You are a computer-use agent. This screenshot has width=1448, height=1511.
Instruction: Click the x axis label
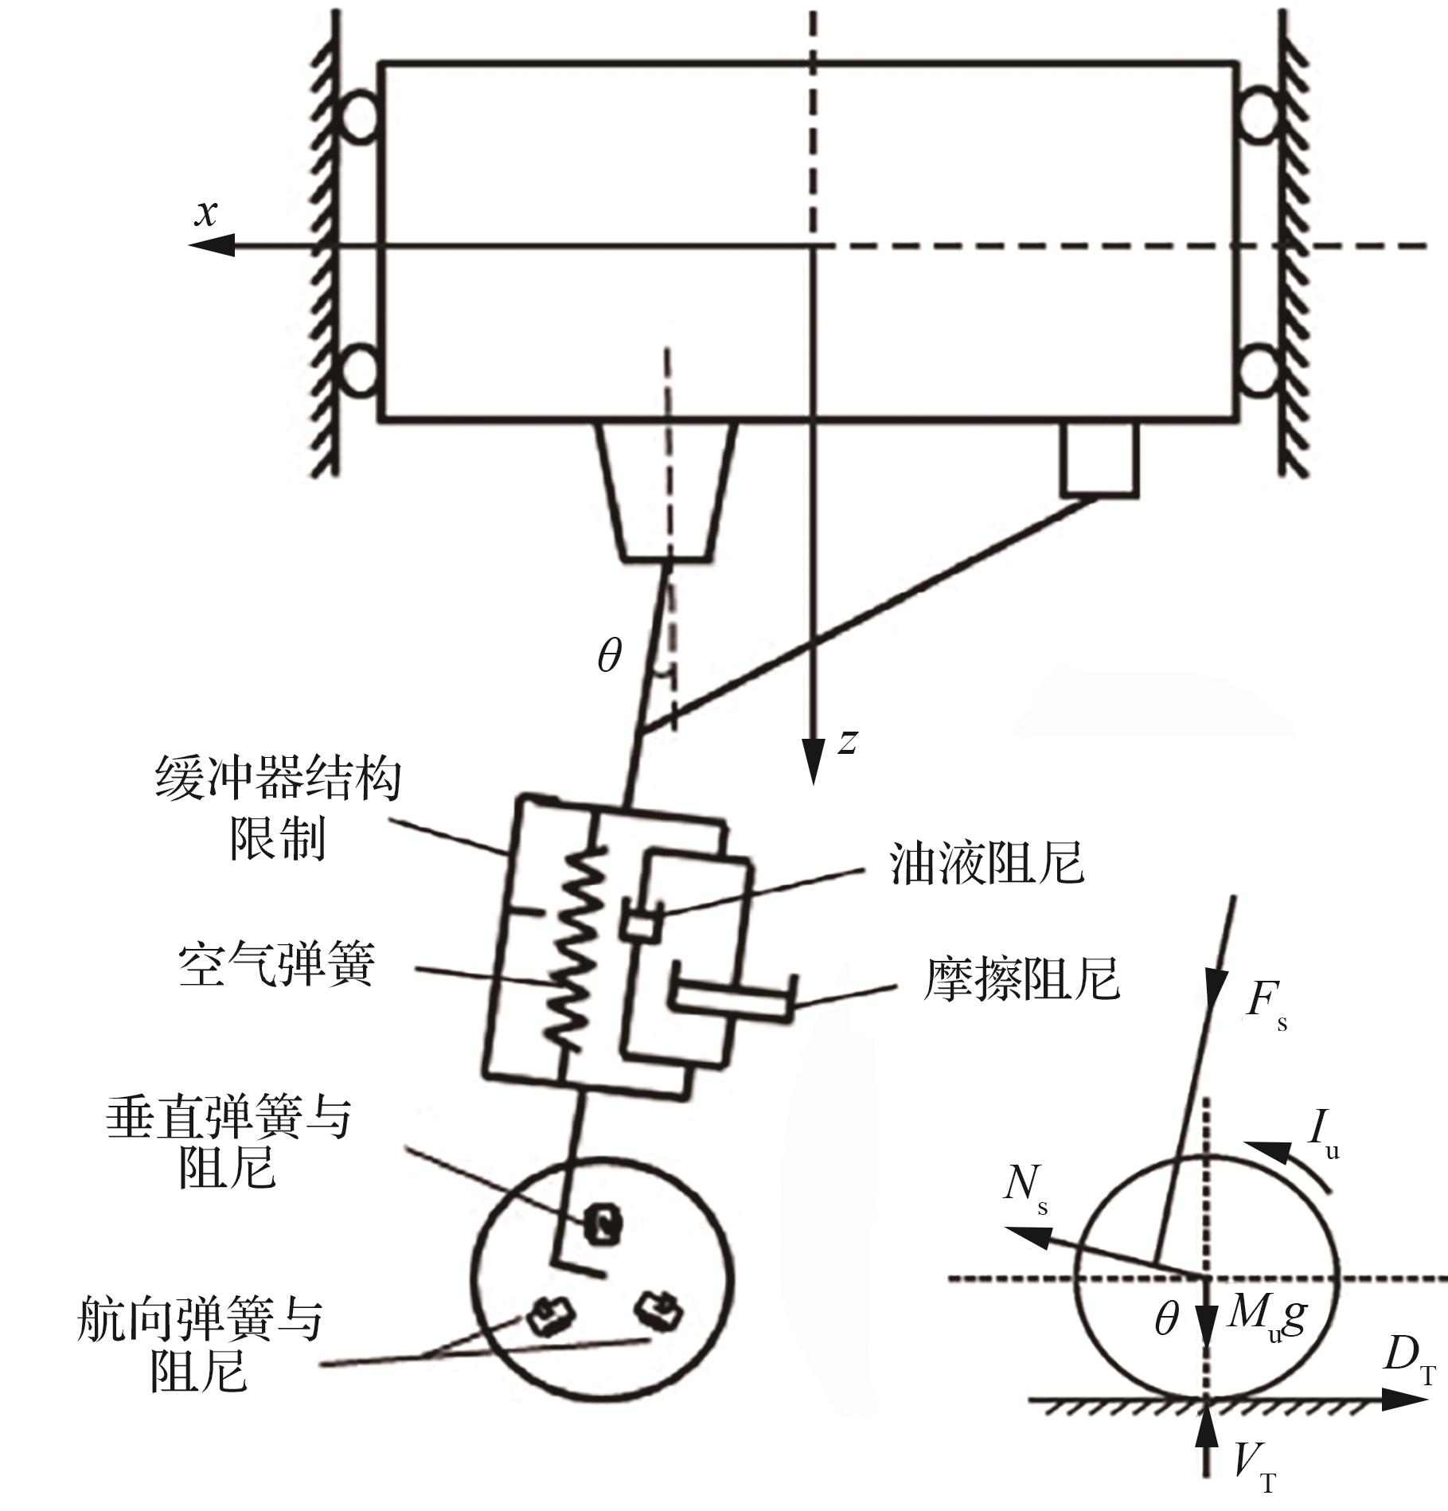(206, 214)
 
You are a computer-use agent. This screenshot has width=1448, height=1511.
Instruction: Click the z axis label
(848, 741)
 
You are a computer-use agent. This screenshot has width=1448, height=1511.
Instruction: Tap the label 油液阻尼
(986, 863)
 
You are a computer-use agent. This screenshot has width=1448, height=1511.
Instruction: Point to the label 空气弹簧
(276, 965)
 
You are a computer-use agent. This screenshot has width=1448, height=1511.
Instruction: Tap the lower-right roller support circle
(1259, 371)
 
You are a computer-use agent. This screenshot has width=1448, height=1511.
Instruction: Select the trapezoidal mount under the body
(666, 490)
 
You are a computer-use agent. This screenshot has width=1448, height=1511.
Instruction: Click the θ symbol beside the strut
(609, 657)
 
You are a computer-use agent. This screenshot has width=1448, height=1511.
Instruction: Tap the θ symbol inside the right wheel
(1166, 1320)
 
